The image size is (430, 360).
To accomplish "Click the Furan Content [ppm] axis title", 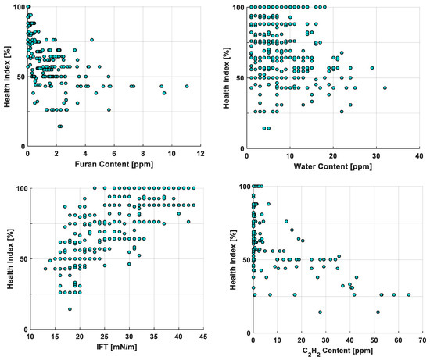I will [x=113, y=165].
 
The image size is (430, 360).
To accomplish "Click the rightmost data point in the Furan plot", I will [x=187, y=87].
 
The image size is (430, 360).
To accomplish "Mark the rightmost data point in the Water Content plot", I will [x=385, y=88].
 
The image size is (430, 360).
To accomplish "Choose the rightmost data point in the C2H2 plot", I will [x=408, y=295].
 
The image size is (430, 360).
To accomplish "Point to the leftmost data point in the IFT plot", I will [x=45, y=269].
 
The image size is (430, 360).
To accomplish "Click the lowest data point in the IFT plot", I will [x=70, y=309].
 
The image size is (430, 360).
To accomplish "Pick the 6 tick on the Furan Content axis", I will [x=114, y=154].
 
